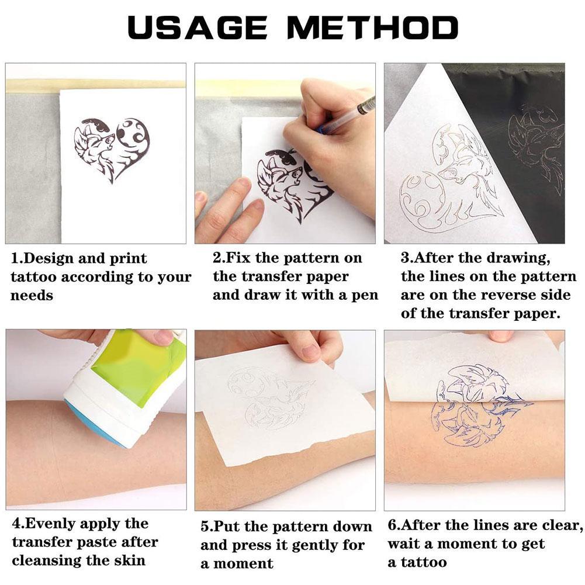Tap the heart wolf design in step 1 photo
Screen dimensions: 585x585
[x=111, y=149]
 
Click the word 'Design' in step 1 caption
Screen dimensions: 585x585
[x=56, y=258]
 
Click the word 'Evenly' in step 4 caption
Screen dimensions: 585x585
[x=57, y=524]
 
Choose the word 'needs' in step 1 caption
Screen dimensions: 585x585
[x=32, y=296]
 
